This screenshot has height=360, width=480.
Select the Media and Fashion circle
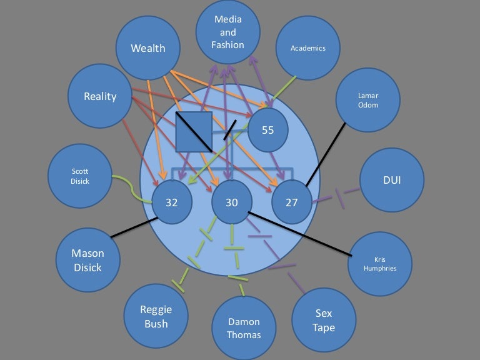pyautogui.click(x=228, y=31)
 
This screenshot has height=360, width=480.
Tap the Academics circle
pyautogui.click(x=307, y=48)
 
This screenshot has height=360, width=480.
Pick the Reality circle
pyautogui.click(x=100, y=97)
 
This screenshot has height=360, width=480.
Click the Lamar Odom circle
pyautogui.click(x=367, y=101)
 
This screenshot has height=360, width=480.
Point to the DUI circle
pyautogui.click(x=391, y=181)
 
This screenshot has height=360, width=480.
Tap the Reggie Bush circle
pyautogui.click(x=156, y=316)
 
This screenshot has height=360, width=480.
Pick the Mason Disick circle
pyautogui.click(x=88, y=261)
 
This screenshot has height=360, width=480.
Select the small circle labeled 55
pyautogui.click(x=267, y=130)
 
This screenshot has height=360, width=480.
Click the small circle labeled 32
pyautogui.click(x=172, y=202)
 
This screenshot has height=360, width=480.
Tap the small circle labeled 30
pyautogui.click(x=231, y=202)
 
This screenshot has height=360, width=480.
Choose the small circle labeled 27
pyautogui.click(x=291, y=202)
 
